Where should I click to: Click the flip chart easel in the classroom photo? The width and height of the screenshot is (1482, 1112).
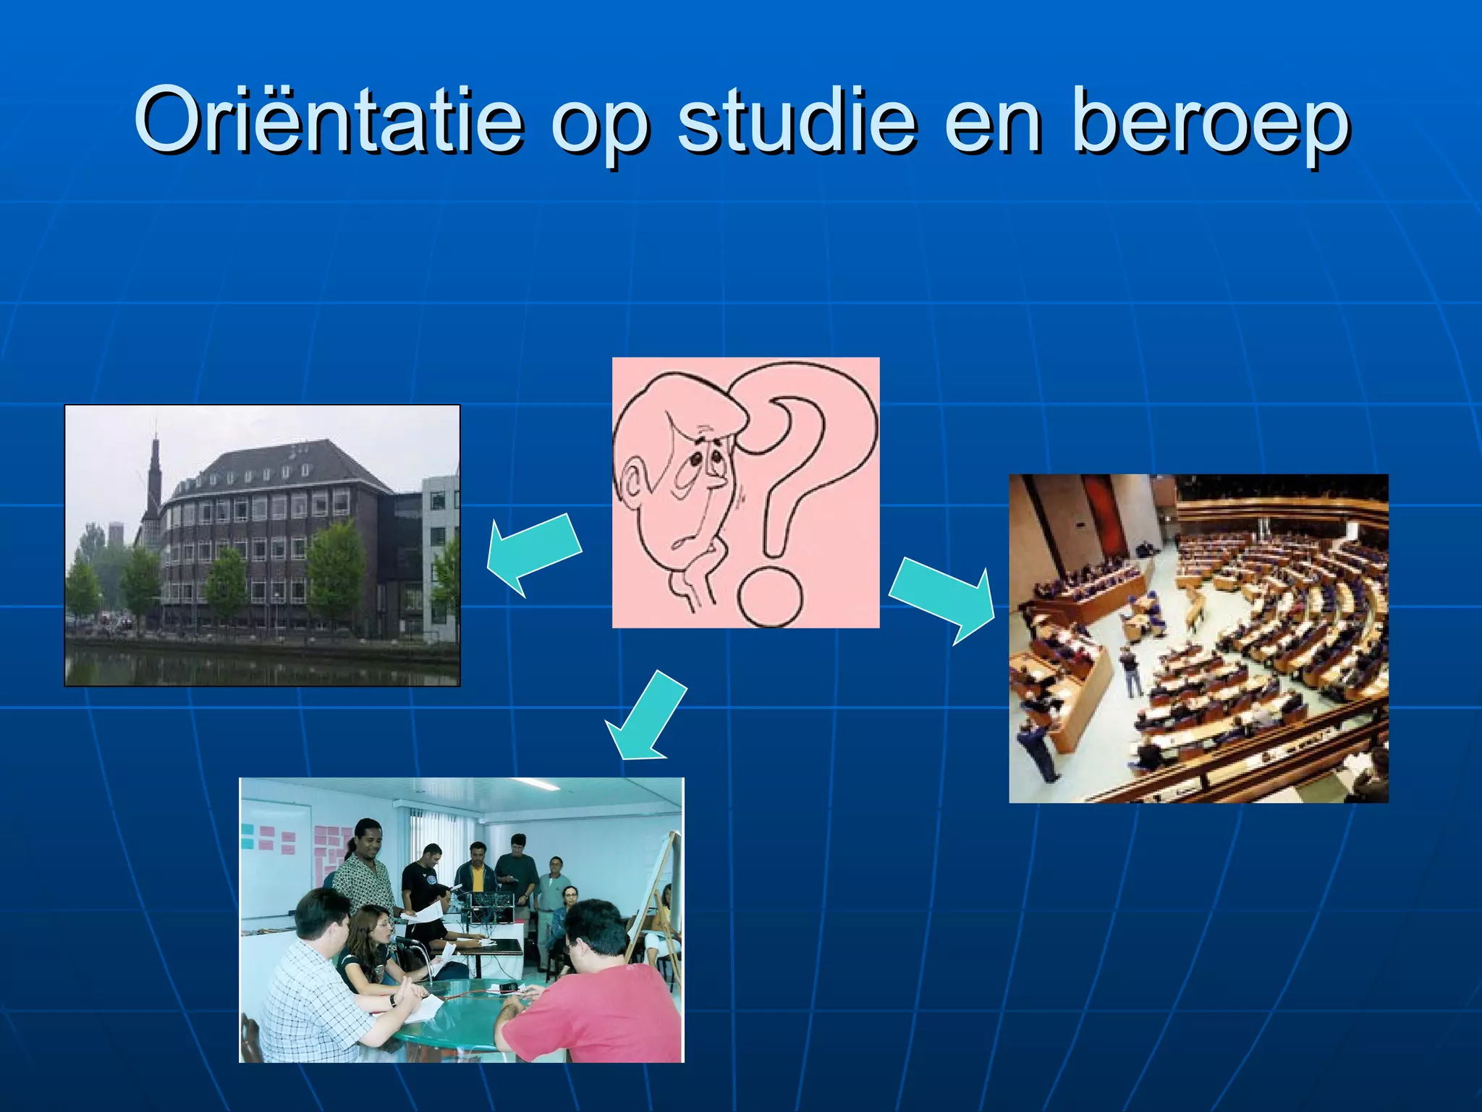pyautogui.click(x=662, y=905)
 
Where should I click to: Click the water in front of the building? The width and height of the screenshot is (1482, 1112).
pyautogui.click(x=261, y=666)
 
